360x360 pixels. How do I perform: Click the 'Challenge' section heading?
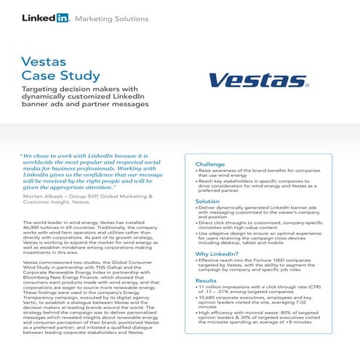[214, 164]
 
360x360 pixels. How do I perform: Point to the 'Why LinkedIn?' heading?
[218, 254]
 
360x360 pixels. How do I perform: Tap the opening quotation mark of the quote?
[22, 155]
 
